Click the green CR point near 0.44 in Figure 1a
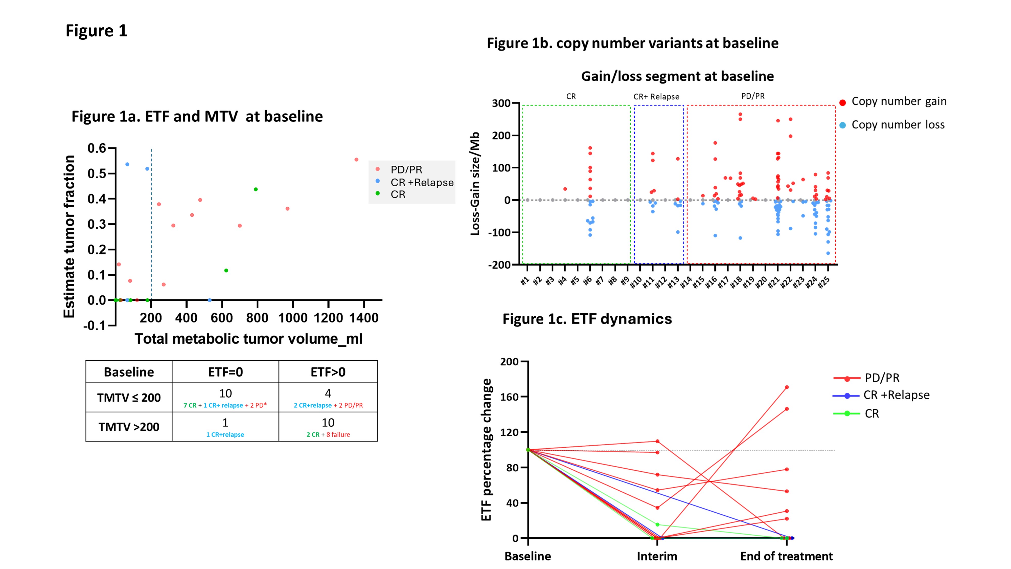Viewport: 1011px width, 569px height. [x=256, y=189]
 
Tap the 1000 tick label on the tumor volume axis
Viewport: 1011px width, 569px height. [x=293, y=318]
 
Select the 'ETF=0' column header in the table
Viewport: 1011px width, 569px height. [x=225, y=372]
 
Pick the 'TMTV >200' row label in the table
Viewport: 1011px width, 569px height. [x=129, y=427]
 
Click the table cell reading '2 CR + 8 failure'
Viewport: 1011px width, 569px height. [x=328, y=434]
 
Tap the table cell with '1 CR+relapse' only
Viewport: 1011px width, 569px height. [x=225, y=434]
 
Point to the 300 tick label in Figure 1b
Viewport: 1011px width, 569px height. [x=501, y=103]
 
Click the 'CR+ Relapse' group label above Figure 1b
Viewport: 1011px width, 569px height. [x=656, y=97]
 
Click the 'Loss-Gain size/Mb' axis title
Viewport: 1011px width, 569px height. [x=475, y=184]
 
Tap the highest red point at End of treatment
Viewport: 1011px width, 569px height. [x=787, y=387]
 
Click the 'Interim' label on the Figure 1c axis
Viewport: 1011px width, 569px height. [x=657, y=556]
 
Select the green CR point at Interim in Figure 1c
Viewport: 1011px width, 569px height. [x=657, y=525]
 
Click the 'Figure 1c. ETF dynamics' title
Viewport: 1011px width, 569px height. [x=587, y=319]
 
